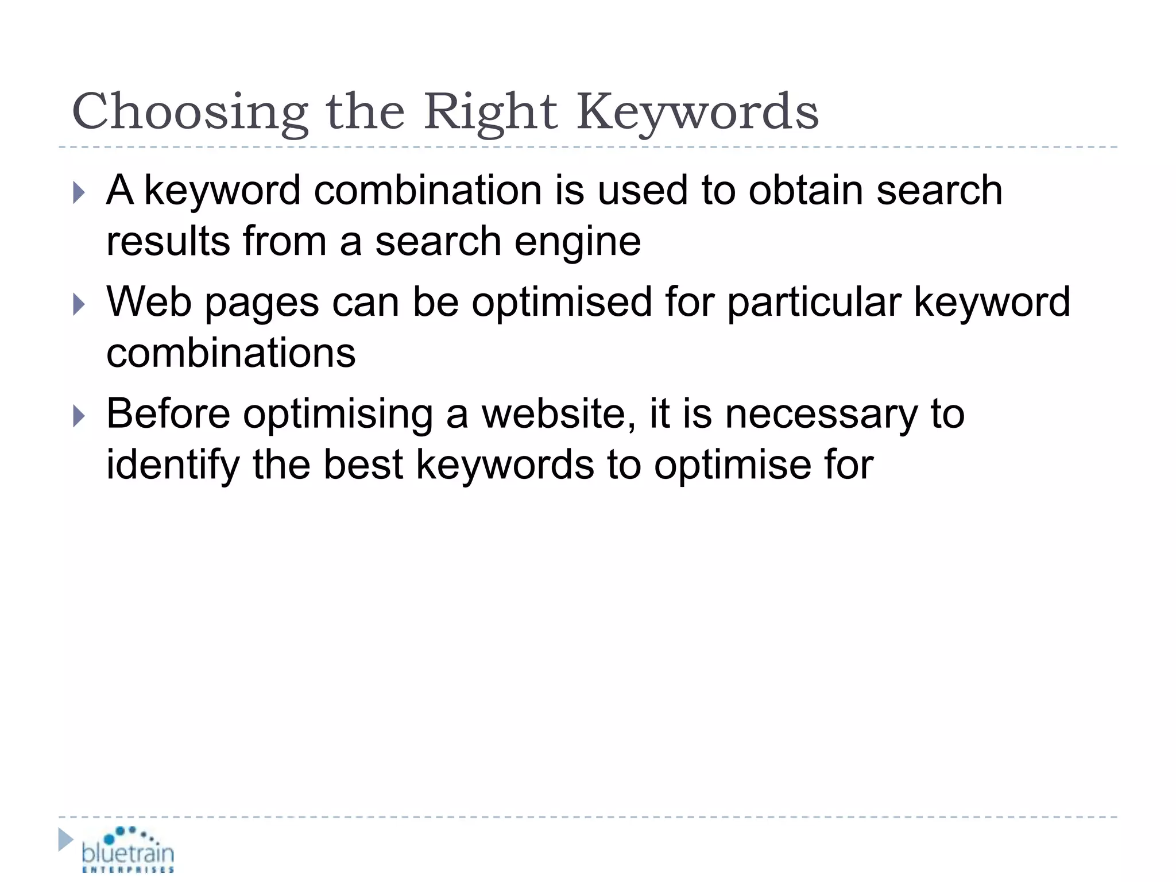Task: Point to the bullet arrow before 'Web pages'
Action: click(79, 304)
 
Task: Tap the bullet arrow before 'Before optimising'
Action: click(79, 416)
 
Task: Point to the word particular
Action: click(814, 303)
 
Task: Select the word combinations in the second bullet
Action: click(231, 353)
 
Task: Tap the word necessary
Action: click(822, 415)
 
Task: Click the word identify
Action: click(173, 465)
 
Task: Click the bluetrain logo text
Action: click(127, 853)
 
